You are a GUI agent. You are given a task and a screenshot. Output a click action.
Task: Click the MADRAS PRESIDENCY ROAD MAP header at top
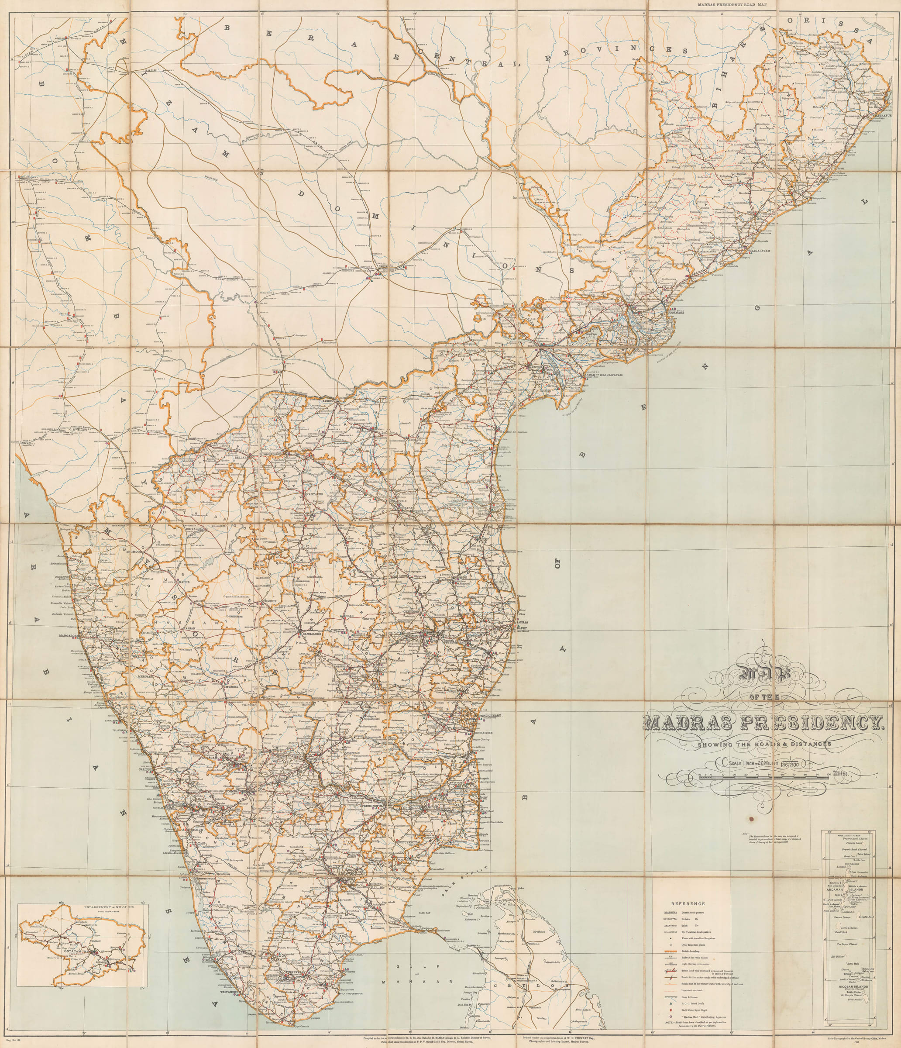pyautogui.click(x=751, y=4)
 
